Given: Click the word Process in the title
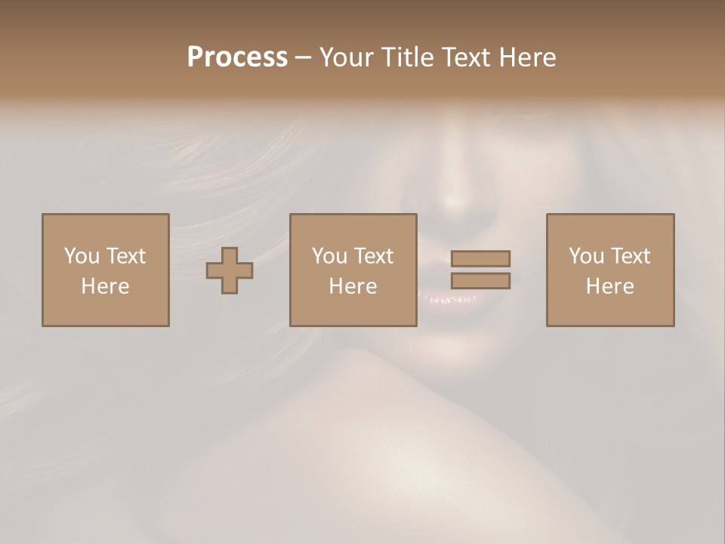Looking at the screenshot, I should point(237,57).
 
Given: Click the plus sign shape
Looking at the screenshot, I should point(230,270).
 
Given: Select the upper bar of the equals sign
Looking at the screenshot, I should point(480,258).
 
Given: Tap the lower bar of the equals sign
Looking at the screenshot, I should point(480,281).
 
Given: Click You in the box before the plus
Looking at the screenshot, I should point(82,256).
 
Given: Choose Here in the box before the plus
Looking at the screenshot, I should point(105,286).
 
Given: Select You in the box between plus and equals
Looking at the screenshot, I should point(329,256).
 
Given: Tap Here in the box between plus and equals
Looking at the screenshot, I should point(353,286).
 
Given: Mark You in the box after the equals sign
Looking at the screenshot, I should point(586,256).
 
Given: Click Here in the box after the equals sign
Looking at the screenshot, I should point(609,286).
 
